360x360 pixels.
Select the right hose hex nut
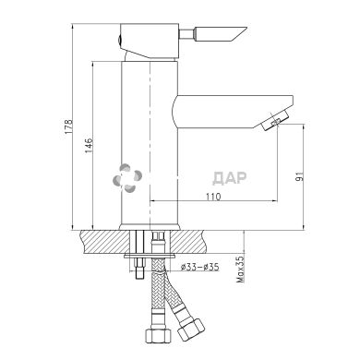(195, 330)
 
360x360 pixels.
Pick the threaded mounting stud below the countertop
(138, 263)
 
